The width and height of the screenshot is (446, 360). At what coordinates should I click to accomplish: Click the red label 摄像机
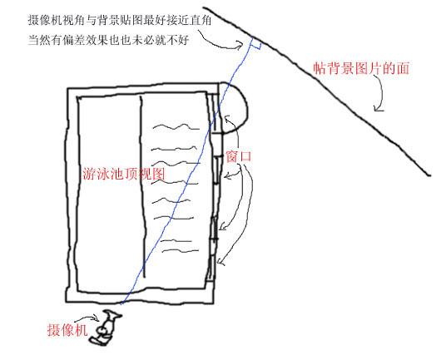67,330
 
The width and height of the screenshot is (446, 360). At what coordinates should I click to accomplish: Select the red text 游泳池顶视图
124,173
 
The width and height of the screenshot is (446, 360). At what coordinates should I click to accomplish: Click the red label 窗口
239,156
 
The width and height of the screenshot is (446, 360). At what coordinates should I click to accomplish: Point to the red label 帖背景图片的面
361,68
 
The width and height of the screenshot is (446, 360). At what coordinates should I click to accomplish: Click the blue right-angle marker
255,45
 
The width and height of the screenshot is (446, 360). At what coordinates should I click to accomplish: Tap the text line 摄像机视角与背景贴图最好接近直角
120,21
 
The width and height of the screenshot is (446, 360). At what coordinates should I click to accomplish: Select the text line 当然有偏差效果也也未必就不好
108,40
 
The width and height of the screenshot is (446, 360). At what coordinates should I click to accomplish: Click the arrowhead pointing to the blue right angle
240,46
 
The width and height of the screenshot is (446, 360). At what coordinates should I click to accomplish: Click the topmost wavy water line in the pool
176,126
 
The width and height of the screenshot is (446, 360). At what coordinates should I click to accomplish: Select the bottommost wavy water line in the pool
181,251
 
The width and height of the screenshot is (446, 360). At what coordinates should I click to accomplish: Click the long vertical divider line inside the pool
142,186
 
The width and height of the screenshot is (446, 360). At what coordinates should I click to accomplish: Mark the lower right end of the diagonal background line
429,175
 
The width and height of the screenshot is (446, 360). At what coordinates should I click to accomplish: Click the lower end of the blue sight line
121,304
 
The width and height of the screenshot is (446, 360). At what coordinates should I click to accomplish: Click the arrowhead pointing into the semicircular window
227,118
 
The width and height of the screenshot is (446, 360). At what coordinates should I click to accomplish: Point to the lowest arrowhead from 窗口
221,262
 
